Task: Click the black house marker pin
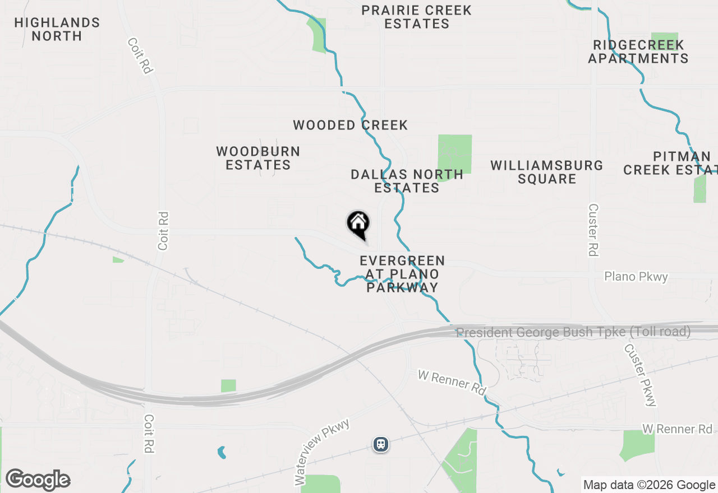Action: [x=358, y=224]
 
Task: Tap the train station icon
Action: [x=381, y=444]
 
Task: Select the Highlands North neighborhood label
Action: [x=57, y=29]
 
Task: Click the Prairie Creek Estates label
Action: [x=416, y=17]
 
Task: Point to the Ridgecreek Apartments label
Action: [x=638, y=52]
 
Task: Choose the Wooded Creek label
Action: [x=351, y=125]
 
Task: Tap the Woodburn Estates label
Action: [x=258, y=158]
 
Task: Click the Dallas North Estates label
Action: [x=407, y=181]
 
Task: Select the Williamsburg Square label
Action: [x=547, y=172]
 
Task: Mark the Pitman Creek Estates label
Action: [x=670, y=163]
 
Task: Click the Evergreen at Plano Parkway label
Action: [x=402, y=275]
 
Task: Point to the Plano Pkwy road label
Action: [x=636, y=277]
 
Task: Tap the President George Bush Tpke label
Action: [x=573, y=332]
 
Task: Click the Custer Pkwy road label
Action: [x=640, y=374]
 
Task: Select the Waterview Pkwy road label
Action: [x=321, y=452]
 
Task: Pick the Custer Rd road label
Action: [x=593, y=230]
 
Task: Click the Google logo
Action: [x=38, y=480]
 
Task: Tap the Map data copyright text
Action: [x=650, y=485]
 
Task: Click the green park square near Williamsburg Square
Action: [x=454, y=155]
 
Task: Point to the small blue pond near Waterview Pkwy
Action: [x=222, y=452]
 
